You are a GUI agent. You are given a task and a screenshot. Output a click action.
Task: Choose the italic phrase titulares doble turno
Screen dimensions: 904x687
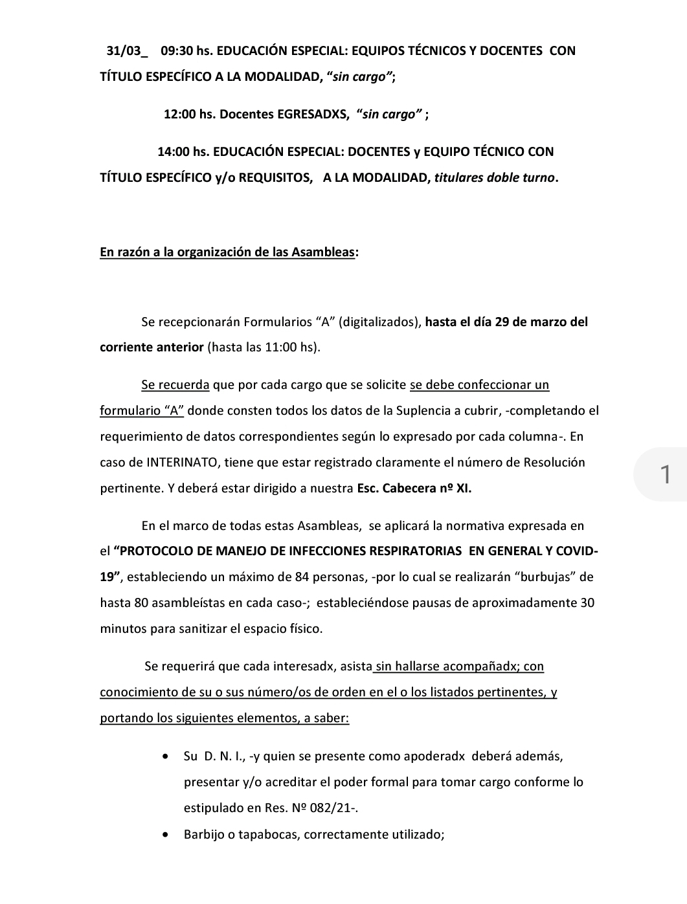click(495, 178)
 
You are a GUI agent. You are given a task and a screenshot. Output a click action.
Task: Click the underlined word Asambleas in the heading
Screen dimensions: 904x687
click(324, 252)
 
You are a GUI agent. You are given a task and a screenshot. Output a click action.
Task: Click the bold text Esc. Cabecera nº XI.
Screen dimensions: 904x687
click(414, 489)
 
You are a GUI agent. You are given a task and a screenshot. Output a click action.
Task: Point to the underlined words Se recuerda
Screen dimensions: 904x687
click(175, 385)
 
